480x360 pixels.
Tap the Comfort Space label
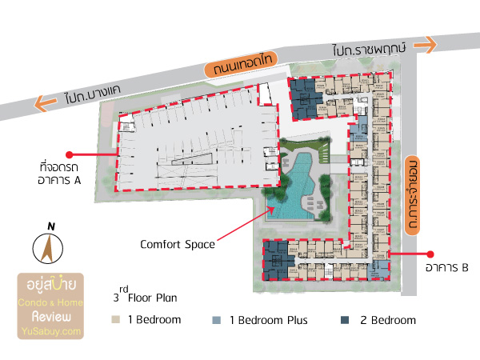point(178,244)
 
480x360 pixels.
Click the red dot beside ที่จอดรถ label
point(70,154)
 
